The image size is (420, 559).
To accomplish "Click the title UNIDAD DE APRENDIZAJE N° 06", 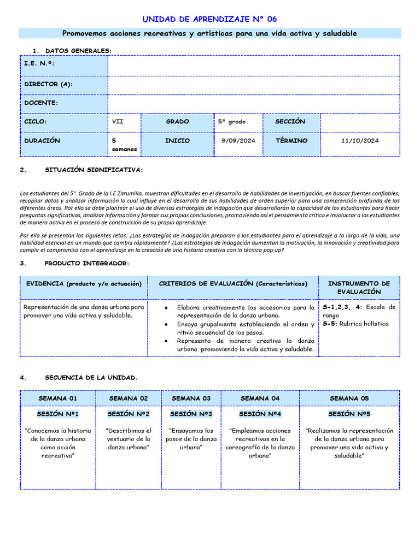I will pos(209,19).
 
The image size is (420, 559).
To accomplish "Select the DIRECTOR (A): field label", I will pos(48,84).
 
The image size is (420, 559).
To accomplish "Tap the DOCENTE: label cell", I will pos(41,103).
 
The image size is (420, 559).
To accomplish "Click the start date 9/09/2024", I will pos(238,141).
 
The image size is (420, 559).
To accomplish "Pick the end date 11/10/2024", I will pos(359,141).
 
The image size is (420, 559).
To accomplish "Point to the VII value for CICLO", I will pos(118,122).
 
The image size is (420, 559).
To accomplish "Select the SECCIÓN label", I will pos(290,122).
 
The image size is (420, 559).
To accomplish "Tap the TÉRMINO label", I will pos(291,141).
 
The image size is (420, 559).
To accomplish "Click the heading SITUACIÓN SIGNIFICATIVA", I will pos(94,170).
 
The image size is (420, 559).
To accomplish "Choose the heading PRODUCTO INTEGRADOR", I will pos(87,264).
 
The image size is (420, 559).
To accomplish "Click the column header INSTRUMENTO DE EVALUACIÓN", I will pos(358,288).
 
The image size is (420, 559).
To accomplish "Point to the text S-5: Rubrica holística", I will pos(355,324).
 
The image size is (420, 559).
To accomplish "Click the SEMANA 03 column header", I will pos(191,399).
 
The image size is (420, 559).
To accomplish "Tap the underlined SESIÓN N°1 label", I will pos(58,414).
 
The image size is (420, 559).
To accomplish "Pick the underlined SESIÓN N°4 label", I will pos(260,414).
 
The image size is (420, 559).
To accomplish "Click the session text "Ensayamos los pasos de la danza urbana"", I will pos(191,439).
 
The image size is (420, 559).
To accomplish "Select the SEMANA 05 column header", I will pos(349,399).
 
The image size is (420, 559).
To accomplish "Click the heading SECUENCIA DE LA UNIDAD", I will pos(91,378).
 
